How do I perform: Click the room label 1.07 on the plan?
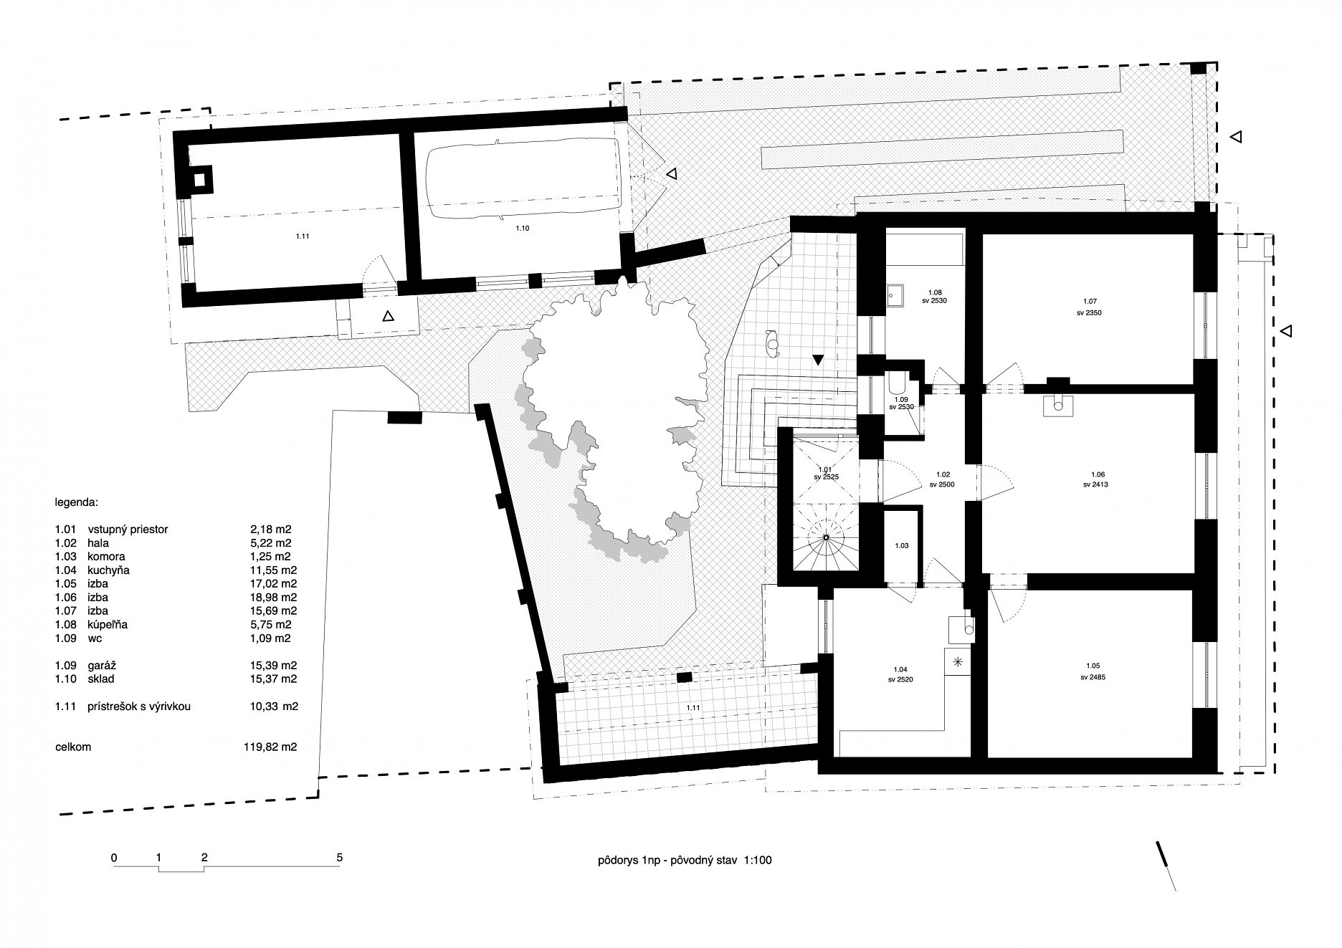(1091, 302)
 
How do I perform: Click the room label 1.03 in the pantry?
(902, 546)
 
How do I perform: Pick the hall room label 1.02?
(943, 474)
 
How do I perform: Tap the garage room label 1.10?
(522, 228)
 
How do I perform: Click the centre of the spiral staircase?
(826, 537)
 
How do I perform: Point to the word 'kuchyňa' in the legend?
(108, 570)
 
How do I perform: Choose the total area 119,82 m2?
(270, 747)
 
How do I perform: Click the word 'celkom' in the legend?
(73, 747)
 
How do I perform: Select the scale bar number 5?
(340, 857)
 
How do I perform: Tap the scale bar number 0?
(114, 857)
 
